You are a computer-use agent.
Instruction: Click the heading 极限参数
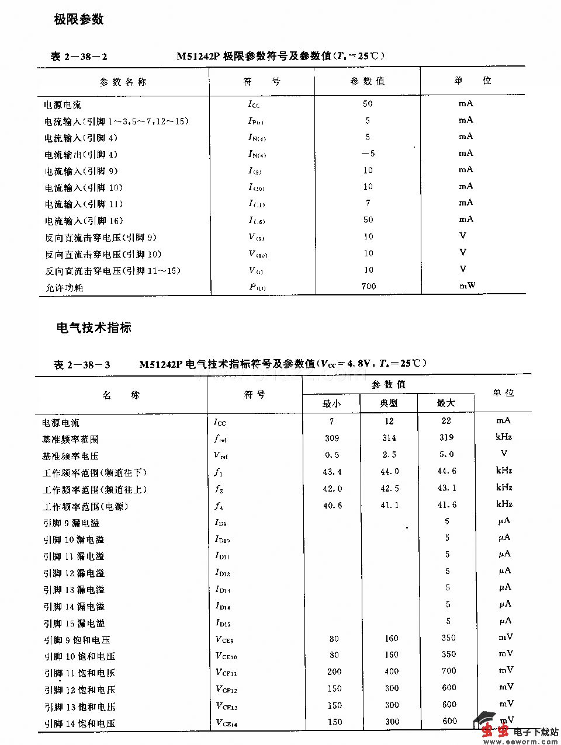click(79, 19)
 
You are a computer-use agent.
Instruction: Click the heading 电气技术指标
click(93, 328)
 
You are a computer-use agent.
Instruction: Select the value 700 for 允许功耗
click(368, 286)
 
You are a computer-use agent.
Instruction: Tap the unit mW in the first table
click(466, 286)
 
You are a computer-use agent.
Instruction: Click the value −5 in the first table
click(368, 154)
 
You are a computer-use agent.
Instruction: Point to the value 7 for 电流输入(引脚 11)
click(368, 203)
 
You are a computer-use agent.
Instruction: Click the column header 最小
click(331, 403)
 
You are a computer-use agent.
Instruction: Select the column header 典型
click(389, 403)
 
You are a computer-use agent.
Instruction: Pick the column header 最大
click(445, 403)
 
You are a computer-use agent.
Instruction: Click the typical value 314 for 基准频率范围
click(389, 438)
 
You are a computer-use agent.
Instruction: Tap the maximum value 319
click(446, 437)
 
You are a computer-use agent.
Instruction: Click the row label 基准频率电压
click(70, 456)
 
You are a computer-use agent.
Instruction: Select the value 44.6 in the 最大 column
click(446, 471)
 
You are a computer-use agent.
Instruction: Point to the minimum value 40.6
click(333, 505)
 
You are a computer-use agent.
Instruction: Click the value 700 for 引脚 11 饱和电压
click(449, 671)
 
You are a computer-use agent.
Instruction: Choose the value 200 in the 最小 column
click(334, 671)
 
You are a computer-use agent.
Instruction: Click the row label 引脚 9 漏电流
click(71, 523)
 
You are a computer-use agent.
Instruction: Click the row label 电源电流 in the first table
click(63, 105)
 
